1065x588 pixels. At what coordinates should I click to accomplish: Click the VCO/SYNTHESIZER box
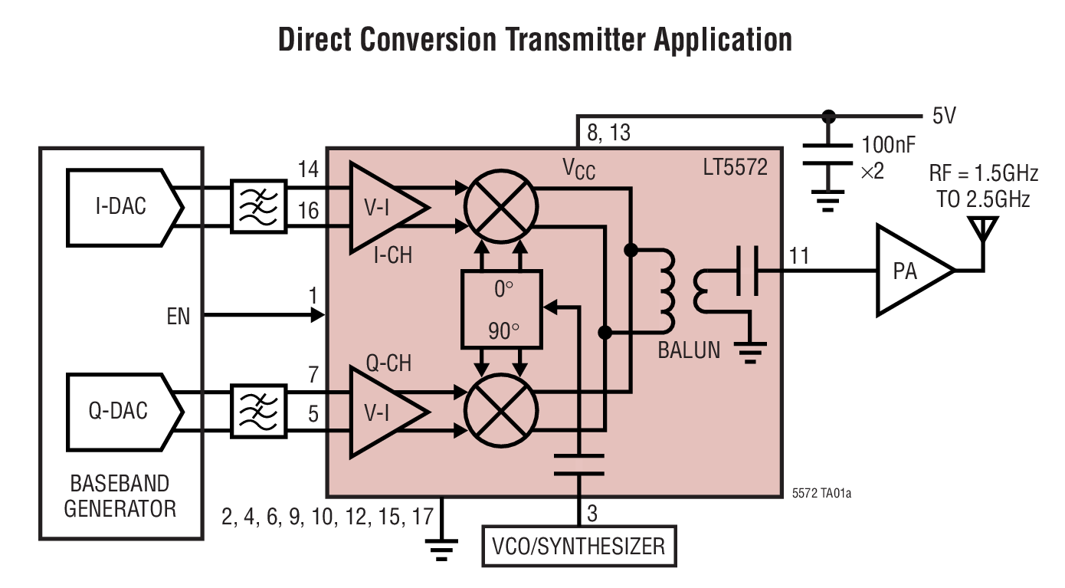(579, 547)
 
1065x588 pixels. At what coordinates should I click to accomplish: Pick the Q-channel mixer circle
(502, 412)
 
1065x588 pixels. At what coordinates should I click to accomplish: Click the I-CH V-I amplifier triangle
(381, 207)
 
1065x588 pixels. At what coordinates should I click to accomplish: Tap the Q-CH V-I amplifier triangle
(381, 412)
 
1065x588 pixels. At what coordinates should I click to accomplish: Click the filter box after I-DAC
(258, 206)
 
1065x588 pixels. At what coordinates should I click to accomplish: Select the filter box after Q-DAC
(258, 412)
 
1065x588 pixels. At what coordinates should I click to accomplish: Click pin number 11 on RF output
(798, 256)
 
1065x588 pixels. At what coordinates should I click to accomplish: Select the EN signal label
(179, 316)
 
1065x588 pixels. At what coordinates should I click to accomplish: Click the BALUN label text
(689, 350)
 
